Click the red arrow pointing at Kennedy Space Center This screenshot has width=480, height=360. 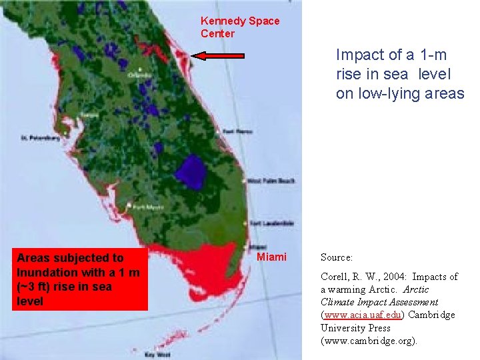[x=218, y=57]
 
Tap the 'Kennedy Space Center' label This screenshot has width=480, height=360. [x=240, y=27]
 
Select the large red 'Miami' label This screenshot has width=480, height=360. [x=272, y=257]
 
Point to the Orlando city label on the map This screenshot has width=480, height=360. [x=139, y=75]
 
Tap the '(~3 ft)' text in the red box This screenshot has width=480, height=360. [x=37, y=287]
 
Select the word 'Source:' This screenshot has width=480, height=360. [x=337, y=257]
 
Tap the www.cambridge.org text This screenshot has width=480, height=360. [x=368, y=341]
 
